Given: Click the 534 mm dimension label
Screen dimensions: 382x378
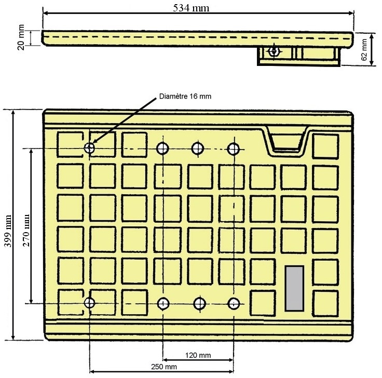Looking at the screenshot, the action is (191, 8).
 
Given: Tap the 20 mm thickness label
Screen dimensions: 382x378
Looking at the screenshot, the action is (21, 37).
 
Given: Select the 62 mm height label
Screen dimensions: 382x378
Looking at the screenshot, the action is (364, 50).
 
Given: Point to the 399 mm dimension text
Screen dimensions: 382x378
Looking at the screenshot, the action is (8, 231).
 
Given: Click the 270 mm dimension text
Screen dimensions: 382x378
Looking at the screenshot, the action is (26, 231).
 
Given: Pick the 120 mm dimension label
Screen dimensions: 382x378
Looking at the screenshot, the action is (198, 355).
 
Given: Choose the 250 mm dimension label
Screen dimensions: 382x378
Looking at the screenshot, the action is (164, 367).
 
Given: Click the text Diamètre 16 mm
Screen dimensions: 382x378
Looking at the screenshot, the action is (185, 96).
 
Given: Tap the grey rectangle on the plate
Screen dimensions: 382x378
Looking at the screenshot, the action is (294, 288).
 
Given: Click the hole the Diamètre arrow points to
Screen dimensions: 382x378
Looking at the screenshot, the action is (89, 147).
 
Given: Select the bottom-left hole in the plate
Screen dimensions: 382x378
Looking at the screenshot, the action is (89, 303).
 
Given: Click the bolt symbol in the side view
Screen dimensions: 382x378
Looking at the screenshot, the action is (274, 51).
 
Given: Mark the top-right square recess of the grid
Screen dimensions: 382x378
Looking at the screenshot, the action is (325, 146).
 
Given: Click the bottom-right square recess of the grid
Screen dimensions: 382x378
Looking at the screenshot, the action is (325, 303).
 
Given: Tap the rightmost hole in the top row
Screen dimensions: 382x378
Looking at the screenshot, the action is (233, 148).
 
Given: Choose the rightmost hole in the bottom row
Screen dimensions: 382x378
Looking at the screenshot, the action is (234, 304).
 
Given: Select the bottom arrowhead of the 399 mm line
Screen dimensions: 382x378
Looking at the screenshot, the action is (13, 336).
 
